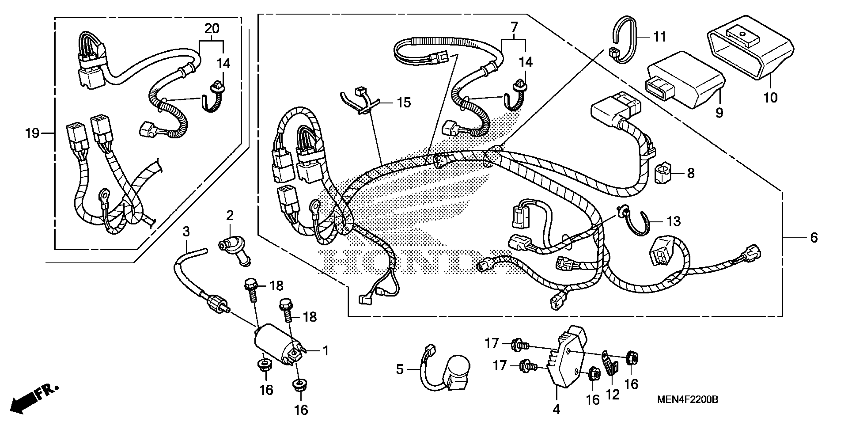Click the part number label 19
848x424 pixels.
(32, 133)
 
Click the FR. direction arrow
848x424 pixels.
(35, 399)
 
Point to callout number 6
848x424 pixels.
(813, 237)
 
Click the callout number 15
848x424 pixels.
(404, 103)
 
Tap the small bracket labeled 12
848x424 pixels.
(610, 364)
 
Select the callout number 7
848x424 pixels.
(514, 27)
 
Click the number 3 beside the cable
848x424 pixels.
(186, 232)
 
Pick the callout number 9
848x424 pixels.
(719, 113)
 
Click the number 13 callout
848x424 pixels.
(674, 221)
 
